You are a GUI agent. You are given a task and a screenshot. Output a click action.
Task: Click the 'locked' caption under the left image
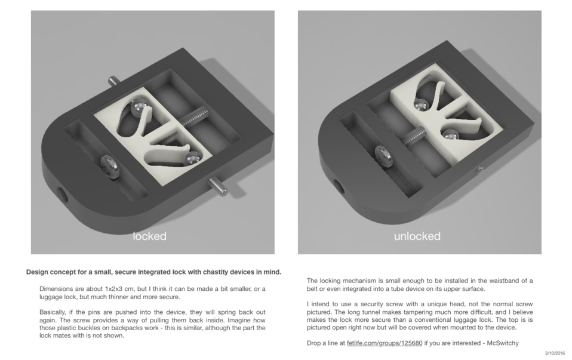(x=149, y=236)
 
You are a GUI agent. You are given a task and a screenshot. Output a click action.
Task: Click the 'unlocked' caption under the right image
(x=417, y=236)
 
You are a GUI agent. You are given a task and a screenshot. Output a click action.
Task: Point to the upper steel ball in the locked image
(x=139, y=109)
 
